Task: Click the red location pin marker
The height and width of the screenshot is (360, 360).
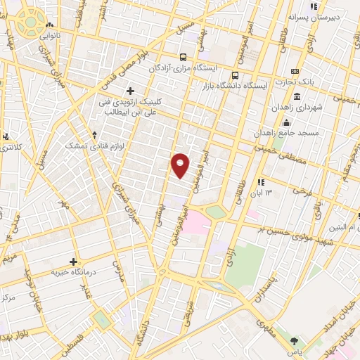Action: [181, 165]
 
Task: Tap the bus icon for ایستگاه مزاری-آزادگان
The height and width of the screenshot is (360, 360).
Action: [183, 57]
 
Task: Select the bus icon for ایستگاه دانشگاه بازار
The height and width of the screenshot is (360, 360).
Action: [235, 74]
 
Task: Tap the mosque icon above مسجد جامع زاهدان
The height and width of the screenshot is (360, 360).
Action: [285, 124]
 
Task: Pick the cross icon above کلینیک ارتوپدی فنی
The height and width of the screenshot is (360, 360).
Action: [130, 90]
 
